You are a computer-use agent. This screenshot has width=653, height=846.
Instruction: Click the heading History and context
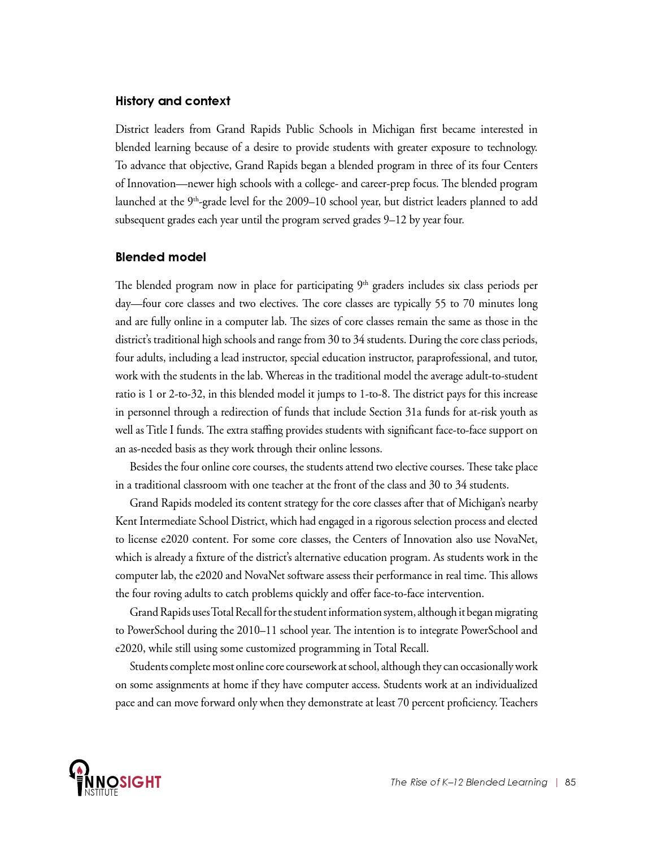tap(172, 101)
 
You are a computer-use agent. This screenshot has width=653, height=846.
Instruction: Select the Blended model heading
tap(160, 257)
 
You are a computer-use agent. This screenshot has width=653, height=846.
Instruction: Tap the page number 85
tap(570, 782)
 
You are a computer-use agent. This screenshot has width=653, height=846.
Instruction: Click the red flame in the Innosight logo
tap(80, 770)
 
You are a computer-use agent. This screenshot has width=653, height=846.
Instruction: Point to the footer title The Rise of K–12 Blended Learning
tap(468, 782)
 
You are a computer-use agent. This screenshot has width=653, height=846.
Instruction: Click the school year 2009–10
tap(306, 202)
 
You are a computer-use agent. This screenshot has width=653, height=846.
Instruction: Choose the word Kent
tap(126, 521)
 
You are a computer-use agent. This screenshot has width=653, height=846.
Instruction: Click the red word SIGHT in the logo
tap(141, 782)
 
